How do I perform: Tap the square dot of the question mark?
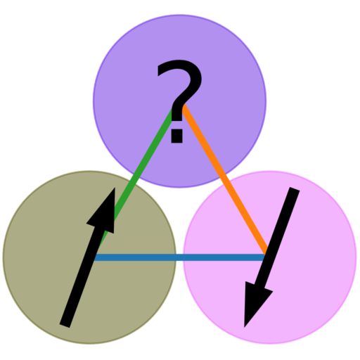click(x=176, y=137)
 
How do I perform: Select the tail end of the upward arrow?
click(x=65, y=326)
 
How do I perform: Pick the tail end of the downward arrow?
click(x=295, y=189)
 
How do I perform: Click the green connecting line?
click(x=136, y=181)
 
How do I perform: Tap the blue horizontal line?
click(x=179, y=257)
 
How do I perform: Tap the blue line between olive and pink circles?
click(x=179, y=257)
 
